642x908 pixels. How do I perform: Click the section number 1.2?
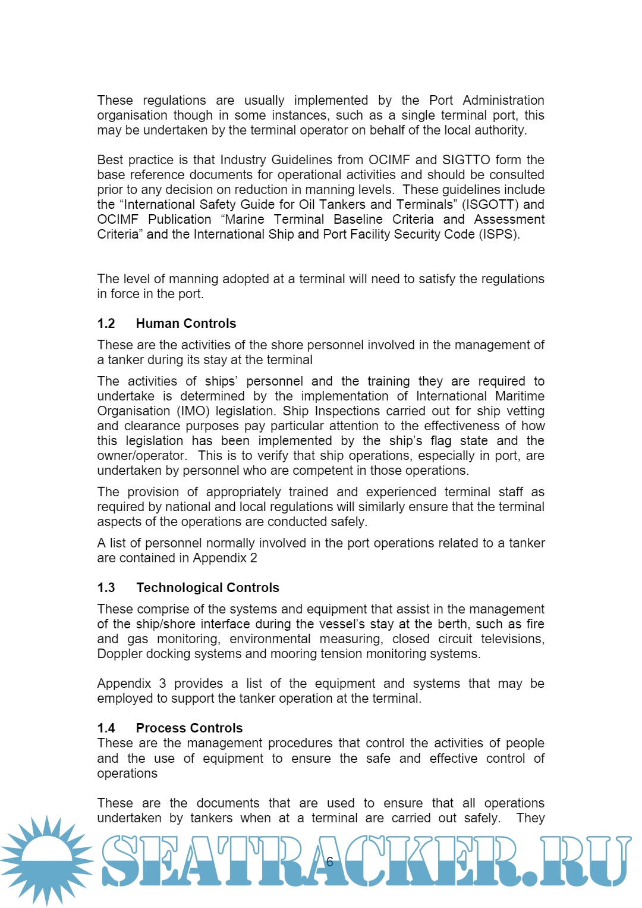[x=106, y=324]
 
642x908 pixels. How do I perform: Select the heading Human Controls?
[x=185, y=324]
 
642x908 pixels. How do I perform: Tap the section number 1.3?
[x=106, y=588]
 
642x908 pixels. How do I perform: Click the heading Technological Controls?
[x=207, y=588]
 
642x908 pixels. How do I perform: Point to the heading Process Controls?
[x=189, y=728]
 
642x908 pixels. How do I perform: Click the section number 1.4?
[x=106, y=728]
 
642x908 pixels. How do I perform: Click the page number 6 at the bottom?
[x=329, y=862]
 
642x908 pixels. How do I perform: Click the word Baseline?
[x=358, y=220]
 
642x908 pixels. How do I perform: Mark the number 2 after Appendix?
[x=254, y=558]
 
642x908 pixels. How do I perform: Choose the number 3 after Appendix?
[x=162, y=684]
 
